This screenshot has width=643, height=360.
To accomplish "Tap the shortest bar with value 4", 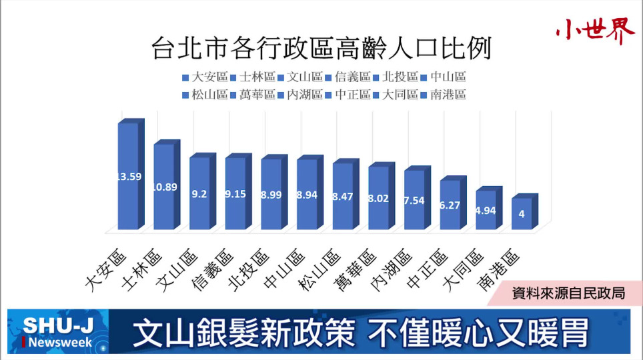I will click(x=521, y=215).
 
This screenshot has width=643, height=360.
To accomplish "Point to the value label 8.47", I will click(x=343, y=197).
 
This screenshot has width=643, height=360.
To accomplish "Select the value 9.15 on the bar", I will click(x=235, y=194).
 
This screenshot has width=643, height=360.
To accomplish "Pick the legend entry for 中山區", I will click(x=447, y=77).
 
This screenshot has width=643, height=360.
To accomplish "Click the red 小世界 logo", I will click(x=595, y=31).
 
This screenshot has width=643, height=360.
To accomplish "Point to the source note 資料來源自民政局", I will click(x=568, y=293).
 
